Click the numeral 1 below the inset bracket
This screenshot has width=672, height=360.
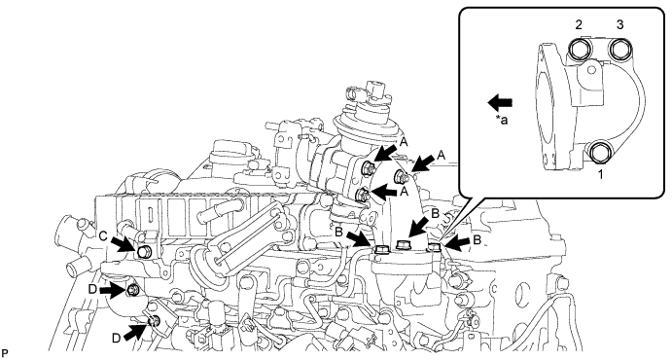point(601,174)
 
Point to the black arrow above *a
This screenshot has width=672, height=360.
point(500,102)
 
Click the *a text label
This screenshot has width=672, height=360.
point(502,121)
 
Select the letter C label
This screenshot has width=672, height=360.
point(103,236)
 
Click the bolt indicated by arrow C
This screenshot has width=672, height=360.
point(143,252)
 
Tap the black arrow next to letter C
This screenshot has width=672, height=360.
point(122,245)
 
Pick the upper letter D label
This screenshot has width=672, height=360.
point(92,289)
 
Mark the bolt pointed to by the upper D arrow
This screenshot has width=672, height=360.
point(132,291)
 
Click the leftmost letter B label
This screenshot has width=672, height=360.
point(339,232)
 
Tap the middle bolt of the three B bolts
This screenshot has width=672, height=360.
point(403,245)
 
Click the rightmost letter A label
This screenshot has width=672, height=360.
point(442,156)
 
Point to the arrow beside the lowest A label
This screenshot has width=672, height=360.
point(385,193)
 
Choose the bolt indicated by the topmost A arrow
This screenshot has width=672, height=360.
point(369,168)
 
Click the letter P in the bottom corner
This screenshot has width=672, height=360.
point(4,354)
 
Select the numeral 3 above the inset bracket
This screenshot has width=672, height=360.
point(619,25)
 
